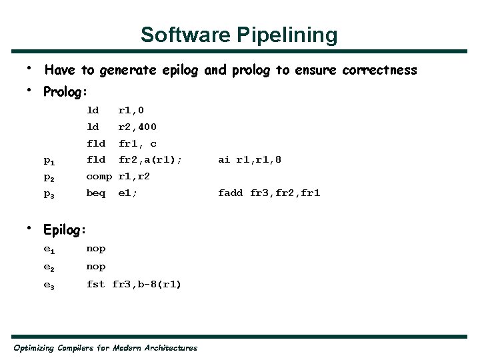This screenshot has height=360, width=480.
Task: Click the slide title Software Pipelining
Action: [x=239, y=35]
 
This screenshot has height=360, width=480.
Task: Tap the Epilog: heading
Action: [x=65, y=230]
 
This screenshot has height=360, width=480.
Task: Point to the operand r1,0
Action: [x=131, y=110]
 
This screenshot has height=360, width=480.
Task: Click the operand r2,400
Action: [x=137, y=127]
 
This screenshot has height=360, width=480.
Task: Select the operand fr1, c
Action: [x=137, y=143]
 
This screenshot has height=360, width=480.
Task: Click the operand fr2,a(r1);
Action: [x=150, y=160]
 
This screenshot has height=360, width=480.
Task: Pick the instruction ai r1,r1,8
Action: [x=250, y=160]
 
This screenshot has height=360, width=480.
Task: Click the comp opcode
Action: [x=99, y=177]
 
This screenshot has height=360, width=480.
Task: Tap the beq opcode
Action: [x=96, y=193]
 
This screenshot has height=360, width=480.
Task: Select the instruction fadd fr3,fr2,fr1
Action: [x=269, y=193]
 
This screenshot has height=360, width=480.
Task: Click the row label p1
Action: [x=49, y=161]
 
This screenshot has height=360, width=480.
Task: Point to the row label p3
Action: [x=49, y=194]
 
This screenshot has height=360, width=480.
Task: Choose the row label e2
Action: [x=49, y=267]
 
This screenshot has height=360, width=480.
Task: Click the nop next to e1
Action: [x=96, y=249]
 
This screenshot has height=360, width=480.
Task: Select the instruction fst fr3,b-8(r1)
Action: [x=134, y=284]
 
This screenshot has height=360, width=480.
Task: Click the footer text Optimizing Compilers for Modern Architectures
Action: [x=105, y=348]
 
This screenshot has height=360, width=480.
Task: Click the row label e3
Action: [x=49, y=285]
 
